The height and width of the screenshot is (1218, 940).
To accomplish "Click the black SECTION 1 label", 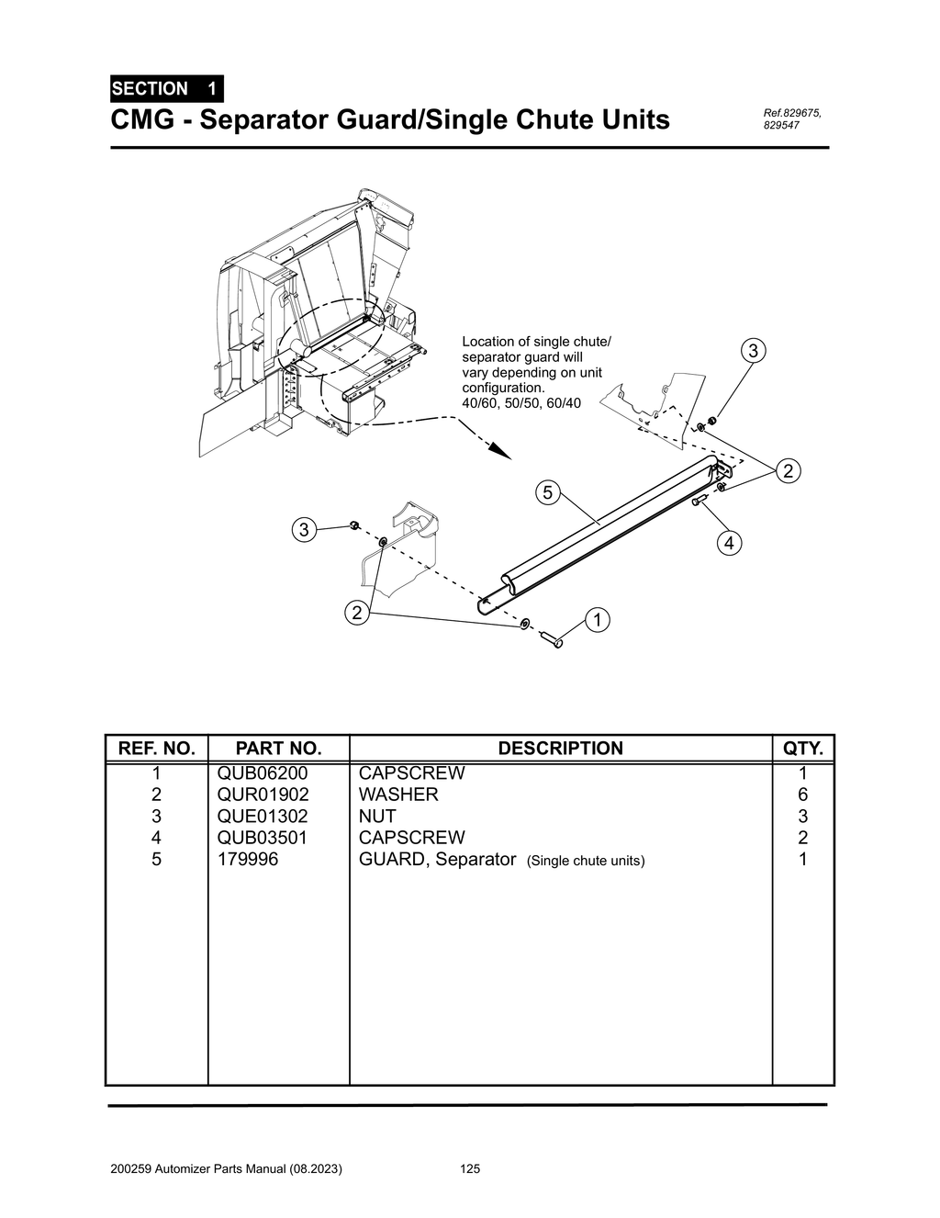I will tap(165, 89).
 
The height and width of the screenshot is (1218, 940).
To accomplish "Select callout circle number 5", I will tap(547, 493).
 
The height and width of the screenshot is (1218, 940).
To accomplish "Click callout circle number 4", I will tap(729, 544).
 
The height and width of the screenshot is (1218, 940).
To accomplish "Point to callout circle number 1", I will tap(597, 620).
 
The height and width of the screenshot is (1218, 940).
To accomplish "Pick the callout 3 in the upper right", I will tap(753, 351).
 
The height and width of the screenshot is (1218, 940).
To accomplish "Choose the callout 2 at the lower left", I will tap(353, 613).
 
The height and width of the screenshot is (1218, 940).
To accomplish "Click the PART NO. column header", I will tap(278, 749).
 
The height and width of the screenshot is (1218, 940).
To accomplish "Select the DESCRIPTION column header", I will tap(560, 749).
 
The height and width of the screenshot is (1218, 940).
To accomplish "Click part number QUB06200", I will tap(263, 773).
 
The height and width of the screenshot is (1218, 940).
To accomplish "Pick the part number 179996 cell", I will tap(248, 860).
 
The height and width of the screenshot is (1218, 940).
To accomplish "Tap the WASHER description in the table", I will tap(398, 795).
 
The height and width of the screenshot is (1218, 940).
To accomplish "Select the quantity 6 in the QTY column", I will tap(802, 795).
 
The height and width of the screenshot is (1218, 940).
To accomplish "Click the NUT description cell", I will tap(377, 817).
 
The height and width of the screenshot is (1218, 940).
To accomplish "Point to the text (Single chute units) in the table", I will tap(587, 862).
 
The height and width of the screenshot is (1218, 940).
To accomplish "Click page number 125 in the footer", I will tap(470, 1169).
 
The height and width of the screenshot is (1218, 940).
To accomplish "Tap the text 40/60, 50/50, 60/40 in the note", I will tap(520, 404).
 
